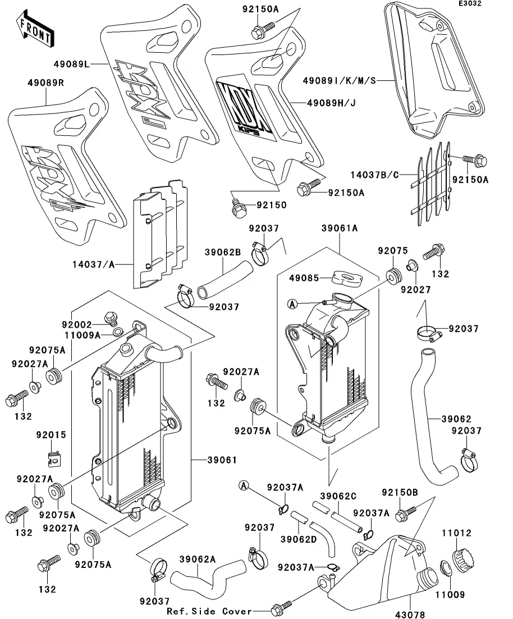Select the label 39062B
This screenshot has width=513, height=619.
pyautogui.click(x=222, y=253)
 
